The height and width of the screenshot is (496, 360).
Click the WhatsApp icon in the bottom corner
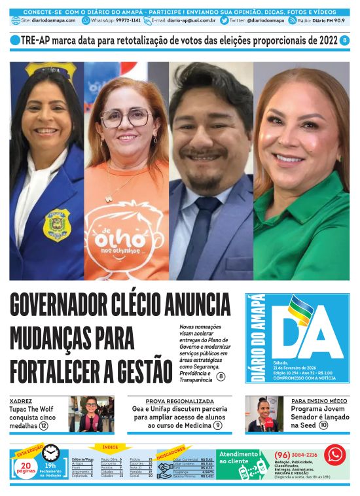pos(334,455)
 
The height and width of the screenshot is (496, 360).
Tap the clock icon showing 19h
pos(50,453)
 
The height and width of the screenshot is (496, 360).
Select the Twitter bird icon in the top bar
pos(224,20)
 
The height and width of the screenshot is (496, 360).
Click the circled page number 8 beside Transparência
pos(221,376)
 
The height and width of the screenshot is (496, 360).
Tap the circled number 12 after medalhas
pos(44,425)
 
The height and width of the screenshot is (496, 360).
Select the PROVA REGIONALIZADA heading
pos(179,400)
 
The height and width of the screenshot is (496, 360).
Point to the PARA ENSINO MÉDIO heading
pos(319,400)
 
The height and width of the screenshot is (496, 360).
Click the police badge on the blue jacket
pos(56,224)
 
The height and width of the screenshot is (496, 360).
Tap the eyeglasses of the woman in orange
pos(126,118)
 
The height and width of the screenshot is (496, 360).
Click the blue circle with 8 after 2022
pos(345,41)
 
